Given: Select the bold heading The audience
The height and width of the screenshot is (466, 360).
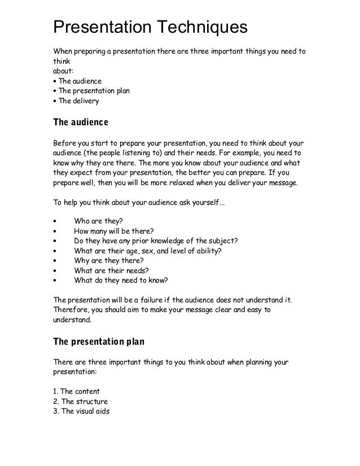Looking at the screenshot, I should [x=80, y=121].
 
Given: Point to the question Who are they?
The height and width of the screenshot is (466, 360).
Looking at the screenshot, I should [x=99, y=221].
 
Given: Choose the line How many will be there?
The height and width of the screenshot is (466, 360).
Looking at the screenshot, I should [x=113, y=230].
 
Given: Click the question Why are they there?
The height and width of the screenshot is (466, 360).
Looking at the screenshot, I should [x=108, y=260].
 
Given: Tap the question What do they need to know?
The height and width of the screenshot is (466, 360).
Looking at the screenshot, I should [x=121, y=280].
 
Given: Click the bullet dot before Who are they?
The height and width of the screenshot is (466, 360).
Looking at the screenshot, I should [x=54, y=221].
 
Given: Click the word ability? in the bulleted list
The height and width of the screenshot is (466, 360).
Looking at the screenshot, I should [x=223, y=250].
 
